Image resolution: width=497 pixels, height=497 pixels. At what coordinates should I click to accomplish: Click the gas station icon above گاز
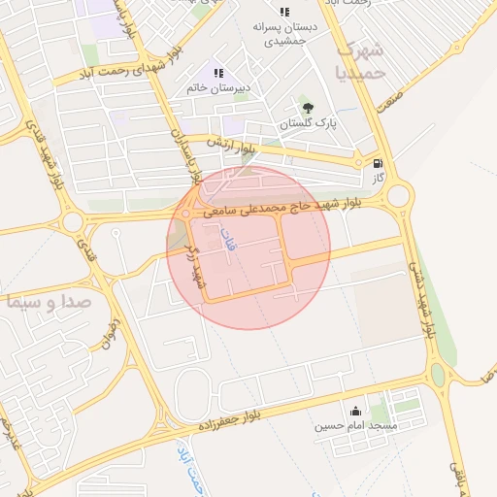(378, 164)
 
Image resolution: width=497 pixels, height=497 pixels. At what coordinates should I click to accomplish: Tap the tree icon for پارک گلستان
(308, 108)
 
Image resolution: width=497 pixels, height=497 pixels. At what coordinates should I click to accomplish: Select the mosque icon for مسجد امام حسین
(354, 410)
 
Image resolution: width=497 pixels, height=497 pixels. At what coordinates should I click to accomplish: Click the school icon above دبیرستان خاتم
(218, 73)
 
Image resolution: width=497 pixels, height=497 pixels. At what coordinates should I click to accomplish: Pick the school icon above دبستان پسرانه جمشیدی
(283, 12)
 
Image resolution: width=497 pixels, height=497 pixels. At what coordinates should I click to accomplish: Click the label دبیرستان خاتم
(219, 88)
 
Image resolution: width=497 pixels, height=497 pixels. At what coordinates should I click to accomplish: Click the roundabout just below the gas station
(398, 197)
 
